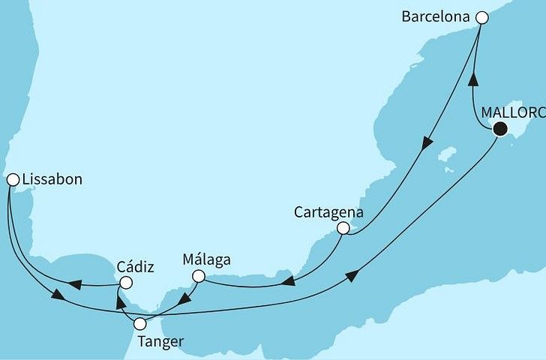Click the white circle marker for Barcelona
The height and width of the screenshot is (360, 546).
(x=482, y=16)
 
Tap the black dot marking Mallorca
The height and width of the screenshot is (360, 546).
(x=499, y=130)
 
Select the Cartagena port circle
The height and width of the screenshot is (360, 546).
(x=343, y=228)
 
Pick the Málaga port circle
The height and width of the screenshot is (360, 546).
(x=199, y=276)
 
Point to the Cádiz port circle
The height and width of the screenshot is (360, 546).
(x=125, y=283)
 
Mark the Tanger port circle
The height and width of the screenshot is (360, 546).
(x=139, y=325)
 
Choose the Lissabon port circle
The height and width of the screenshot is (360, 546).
(x=13, y=179)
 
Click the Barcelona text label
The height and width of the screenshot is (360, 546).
(x=438, y=16)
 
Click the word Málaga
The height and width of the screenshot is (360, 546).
(x=206, y=260)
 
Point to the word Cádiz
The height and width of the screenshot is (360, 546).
(x=136, y=267)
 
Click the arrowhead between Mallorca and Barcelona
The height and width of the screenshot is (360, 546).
(x=472, y=79)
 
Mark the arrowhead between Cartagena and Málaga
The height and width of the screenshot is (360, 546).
(x=287, y=282)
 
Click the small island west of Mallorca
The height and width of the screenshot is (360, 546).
(x=448, y=156)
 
